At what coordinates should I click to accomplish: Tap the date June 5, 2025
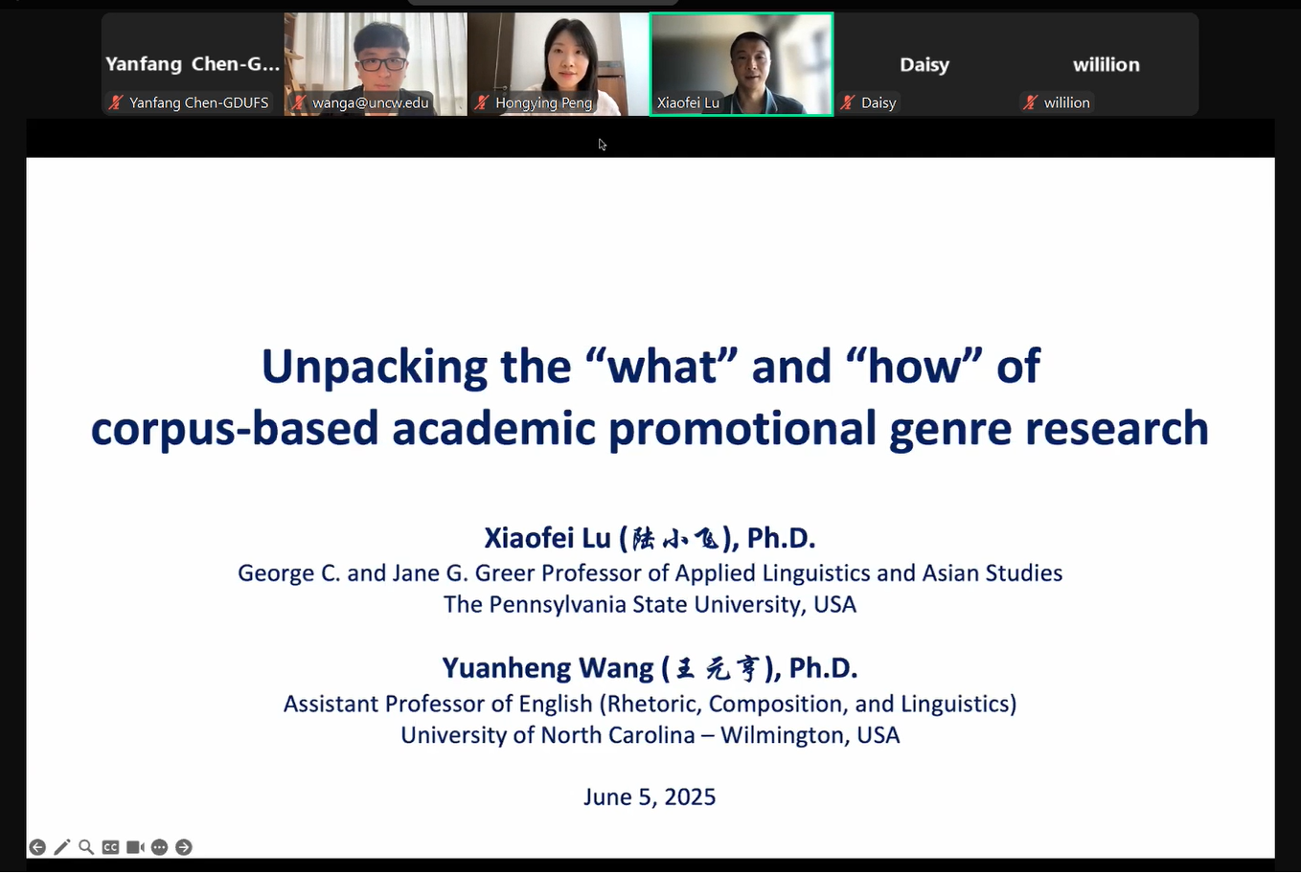[x=650, y=796]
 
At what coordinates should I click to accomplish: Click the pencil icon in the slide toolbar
[x=61, y=847]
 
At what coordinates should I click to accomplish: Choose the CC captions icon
[x=110, y=847]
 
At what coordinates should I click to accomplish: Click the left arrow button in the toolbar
[x=37, y=847]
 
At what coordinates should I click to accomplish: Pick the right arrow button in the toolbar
[x=184, y=847]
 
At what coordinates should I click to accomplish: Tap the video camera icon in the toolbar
[x=135, y=847]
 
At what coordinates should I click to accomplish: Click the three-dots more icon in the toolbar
[x=159, y=847]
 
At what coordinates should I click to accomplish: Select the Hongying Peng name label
[x=543, y=102]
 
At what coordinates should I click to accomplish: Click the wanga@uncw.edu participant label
[x=370, y=102]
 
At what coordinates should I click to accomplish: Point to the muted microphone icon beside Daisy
[x=848, y=102]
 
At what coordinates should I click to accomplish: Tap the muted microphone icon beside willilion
[x=1030, y=102]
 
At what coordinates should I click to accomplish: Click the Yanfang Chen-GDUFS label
[x=198, y=102]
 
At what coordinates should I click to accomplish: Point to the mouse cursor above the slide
[x=602, y=144]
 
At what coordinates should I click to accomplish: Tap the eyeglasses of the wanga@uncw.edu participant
[x=381, y=62]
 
